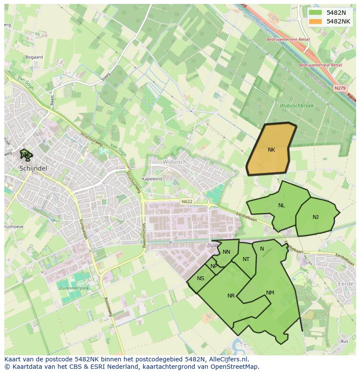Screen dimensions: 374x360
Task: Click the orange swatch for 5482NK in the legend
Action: [316, 21]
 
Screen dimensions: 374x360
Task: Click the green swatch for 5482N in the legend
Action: [316, 13]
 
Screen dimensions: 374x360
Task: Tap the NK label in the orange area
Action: [271, 150]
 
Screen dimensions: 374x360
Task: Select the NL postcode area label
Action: [282, 205]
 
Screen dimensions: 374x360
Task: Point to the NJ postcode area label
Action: [315, 217]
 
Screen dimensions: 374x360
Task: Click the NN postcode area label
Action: [226, 252]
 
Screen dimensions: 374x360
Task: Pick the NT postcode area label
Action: [246, 259]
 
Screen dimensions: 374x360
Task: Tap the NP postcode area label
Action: [213, 266]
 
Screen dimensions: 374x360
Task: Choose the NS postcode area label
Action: [200, 278]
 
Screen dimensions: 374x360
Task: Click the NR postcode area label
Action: [231, 296]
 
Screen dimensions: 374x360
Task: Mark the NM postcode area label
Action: [270, 293]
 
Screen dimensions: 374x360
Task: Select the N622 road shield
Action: [187, 201]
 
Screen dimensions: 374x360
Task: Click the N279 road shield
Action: [340, 88]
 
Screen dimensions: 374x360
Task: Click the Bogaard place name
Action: [34, 57]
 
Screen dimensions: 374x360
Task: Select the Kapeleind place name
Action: [152, 179]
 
